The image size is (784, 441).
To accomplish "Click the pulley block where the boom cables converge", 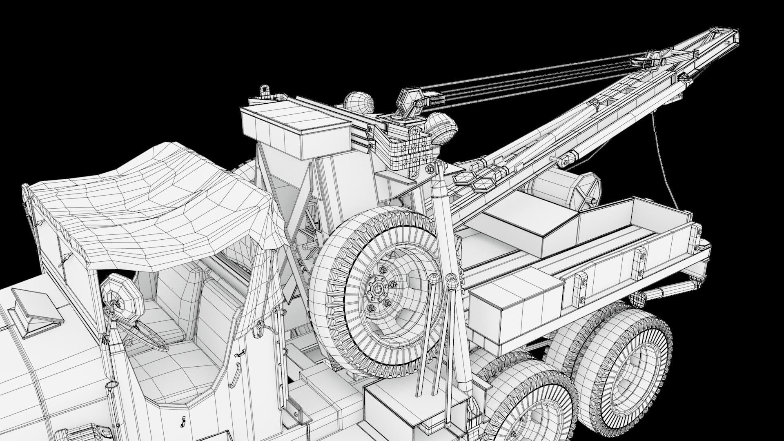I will (645, 62).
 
